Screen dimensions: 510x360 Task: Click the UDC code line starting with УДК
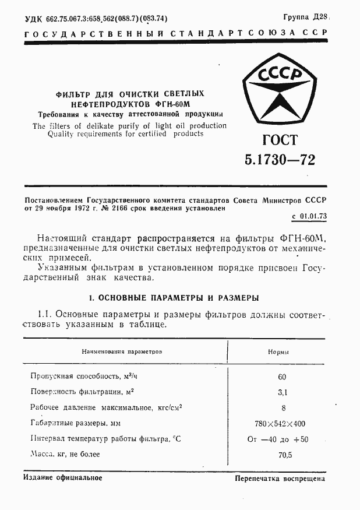[96, 19]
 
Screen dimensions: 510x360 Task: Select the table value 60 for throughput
[282, 377]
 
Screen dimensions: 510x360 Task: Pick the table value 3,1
[282, 392]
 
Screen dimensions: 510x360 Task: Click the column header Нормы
[279, 352]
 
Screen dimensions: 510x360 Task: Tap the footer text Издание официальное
[63, 477]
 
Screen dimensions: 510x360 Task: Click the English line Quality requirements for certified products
[118, 133]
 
